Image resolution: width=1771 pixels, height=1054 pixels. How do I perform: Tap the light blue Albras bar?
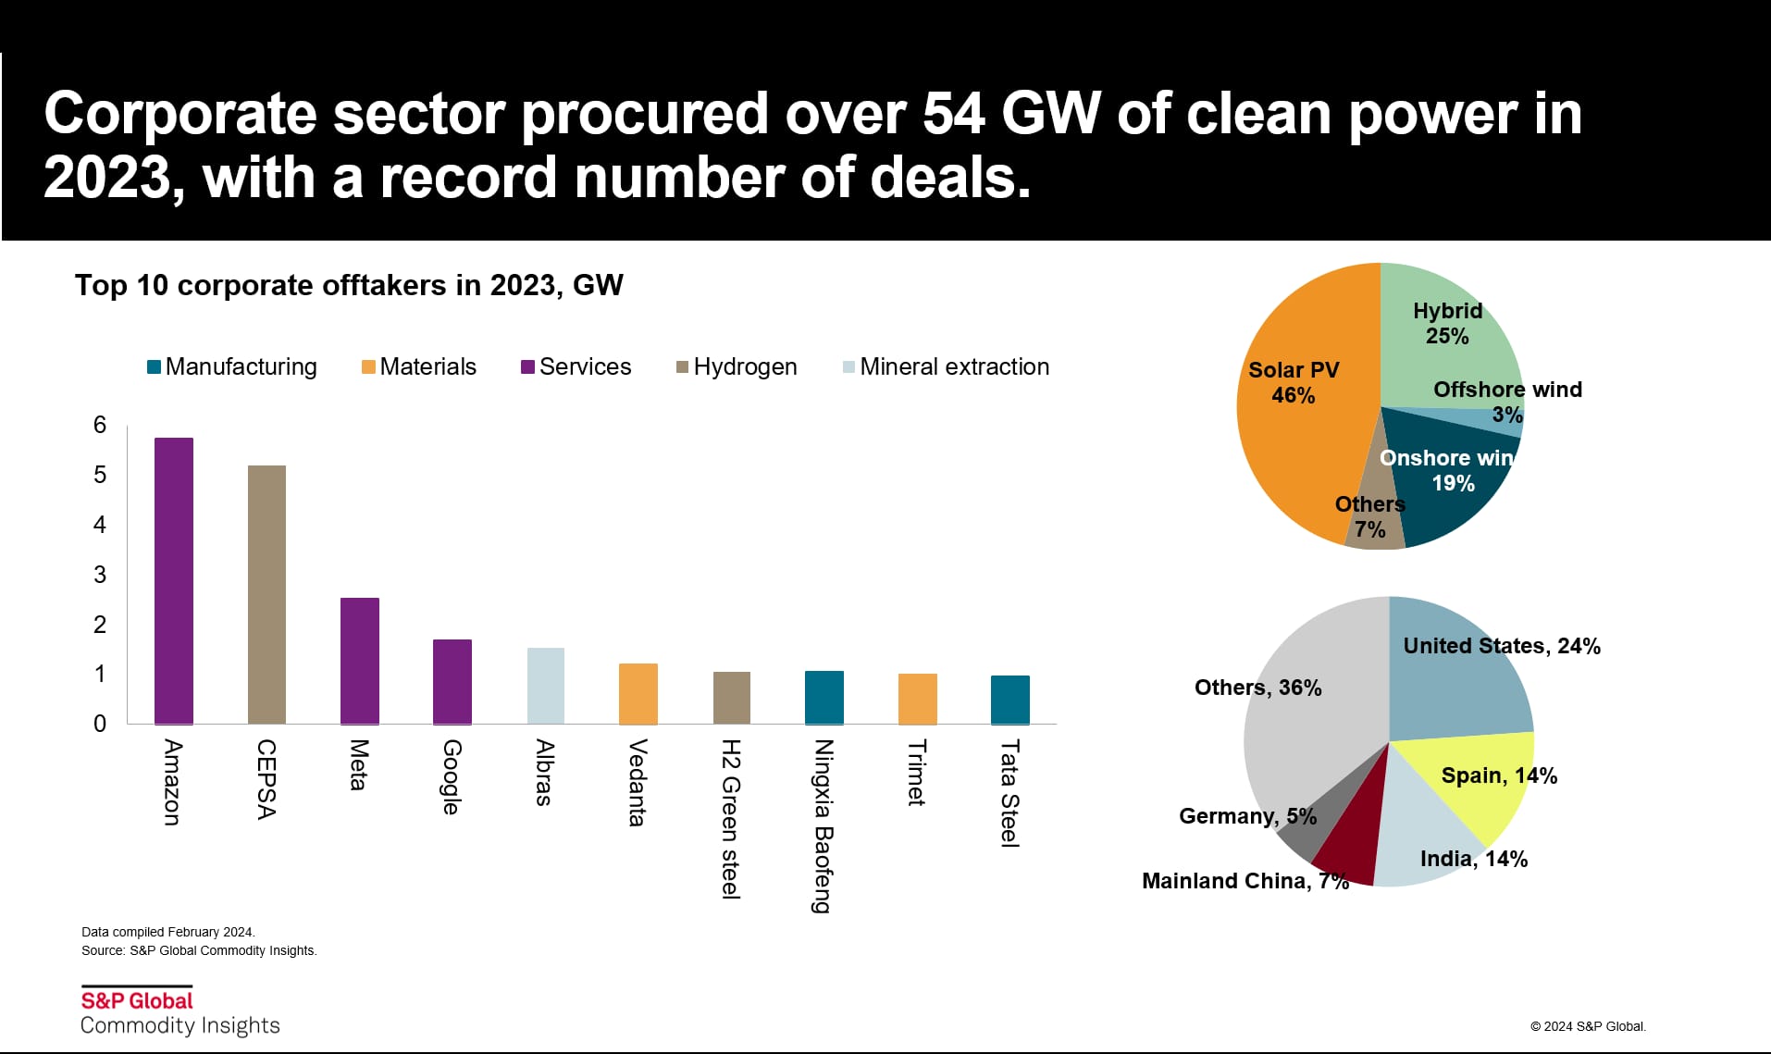545,686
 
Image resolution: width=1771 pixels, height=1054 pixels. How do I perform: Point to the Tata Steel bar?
1009,700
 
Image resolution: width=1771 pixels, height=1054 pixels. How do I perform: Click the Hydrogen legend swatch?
683,367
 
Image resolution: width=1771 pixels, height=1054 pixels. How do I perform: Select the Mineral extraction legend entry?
953,367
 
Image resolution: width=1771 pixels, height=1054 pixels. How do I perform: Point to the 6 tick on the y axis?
100,425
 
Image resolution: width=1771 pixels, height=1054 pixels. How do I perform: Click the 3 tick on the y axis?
100,575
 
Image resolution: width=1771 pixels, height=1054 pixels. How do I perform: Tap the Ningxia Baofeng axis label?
823,825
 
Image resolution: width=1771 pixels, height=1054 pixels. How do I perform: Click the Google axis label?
452,776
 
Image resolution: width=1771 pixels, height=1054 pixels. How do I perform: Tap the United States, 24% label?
1501,646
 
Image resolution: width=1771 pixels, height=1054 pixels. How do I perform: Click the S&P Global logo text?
137,1000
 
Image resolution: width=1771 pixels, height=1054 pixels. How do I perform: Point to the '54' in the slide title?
953,114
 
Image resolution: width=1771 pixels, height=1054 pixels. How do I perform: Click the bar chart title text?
349,285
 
